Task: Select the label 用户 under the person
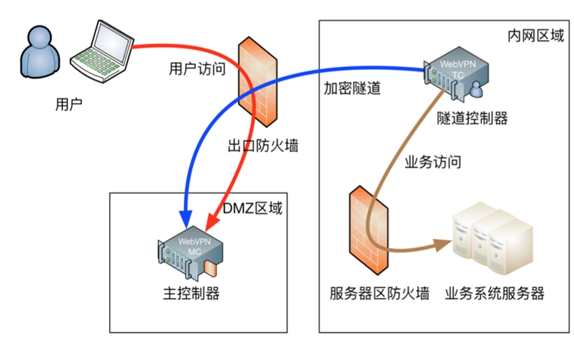[x=68, y=105]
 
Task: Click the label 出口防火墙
[x=262, y=146]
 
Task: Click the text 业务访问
[x=432, y=163]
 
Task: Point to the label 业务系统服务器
[x=494, y=293]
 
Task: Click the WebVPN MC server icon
[x=190, y=252]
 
